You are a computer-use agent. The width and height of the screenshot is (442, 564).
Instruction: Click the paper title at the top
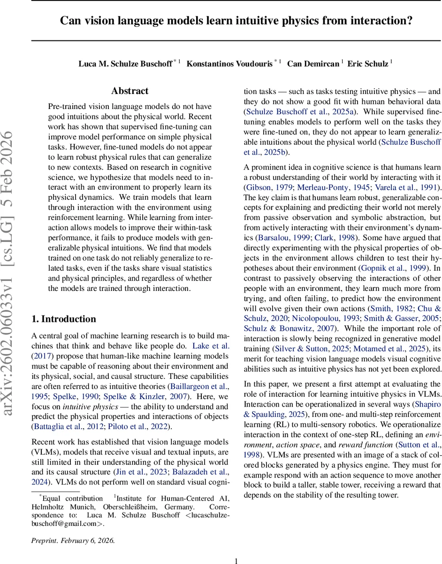pyautogui.click(x=236, y=21)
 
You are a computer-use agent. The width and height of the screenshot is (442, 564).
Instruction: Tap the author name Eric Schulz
pyautogui.click(x=367, y=64)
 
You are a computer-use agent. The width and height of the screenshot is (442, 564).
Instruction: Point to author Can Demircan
pyautogui.click(x=313, y=64)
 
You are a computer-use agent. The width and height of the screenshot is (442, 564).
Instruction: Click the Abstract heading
pyautogui.click(x=130, y=91)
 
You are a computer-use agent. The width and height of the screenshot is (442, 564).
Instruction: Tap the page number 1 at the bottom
pyautogui.click(x=236, y=560)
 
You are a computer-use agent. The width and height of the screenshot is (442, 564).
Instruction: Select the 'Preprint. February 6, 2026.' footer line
pyautogui.click(x=73, y=540)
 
